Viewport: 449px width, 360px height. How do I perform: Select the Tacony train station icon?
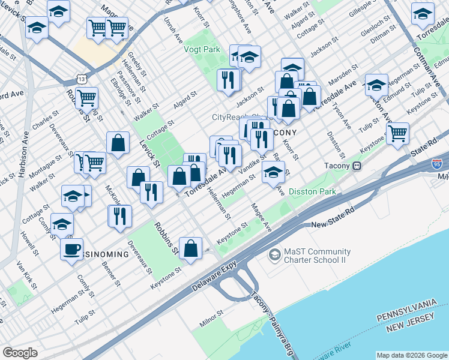[x=357, y=166]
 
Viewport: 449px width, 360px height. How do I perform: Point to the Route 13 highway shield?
[x=82, y=78]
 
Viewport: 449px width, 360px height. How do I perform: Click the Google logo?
[x=20, y=353]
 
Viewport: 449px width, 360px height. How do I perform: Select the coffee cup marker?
[x=71, y=248]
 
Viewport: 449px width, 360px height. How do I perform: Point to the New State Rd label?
[x=334, y=224]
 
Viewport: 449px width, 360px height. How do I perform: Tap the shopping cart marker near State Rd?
[x=397, y=133]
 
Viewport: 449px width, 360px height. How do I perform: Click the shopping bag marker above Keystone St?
[x=190, y=248]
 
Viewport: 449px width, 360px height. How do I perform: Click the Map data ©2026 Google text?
[x=412, y=355]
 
